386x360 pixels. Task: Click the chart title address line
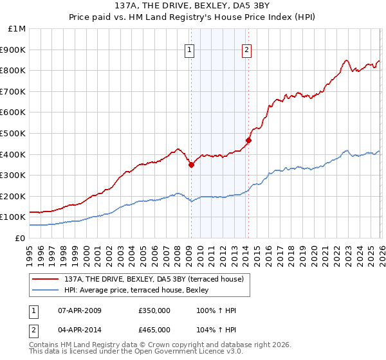tap(193, 6)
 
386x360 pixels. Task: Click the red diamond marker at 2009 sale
tap(191, 165)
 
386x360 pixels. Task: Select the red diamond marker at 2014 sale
tap(248, 140)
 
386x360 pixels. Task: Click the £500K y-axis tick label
tap(13, 134)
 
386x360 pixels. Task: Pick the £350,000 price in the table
tap(154, 310)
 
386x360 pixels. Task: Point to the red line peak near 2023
tap(346, 60)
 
